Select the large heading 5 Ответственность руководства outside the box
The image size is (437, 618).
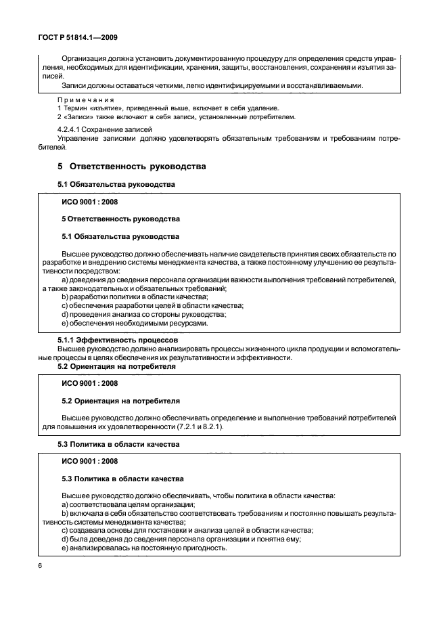[132, 166]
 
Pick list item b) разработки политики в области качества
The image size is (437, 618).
[135, 296]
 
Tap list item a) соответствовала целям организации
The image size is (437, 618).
[129, 504]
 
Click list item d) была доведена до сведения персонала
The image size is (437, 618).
[181, 539]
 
